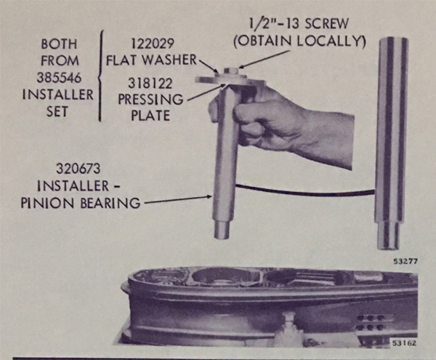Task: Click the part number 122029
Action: (x=153, y=44)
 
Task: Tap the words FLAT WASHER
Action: (x=152, y=60)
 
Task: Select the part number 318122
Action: (x=150, y=84)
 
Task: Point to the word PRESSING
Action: (x=150, y=100)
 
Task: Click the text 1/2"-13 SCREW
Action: (x=299, y=23)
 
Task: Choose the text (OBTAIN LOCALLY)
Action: (x=299, y=41)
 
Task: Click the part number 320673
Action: (x=78, y=169)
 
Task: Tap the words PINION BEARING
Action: (x=81, y=203)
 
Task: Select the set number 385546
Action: (x=60, y=78)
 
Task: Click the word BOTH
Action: (x=60, y=44)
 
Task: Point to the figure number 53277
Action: (x=405, y=262)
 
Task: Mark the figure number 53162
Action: (x=404, y=343)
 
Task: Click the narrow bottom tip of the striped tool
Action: (x=388, y=234)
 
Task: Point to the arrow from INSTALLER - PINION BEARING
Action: (x=177, y=200)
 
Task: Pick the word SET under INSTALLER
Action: (x=57, y=112)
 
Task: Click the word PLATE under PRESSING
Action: (x=150, y=116)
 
